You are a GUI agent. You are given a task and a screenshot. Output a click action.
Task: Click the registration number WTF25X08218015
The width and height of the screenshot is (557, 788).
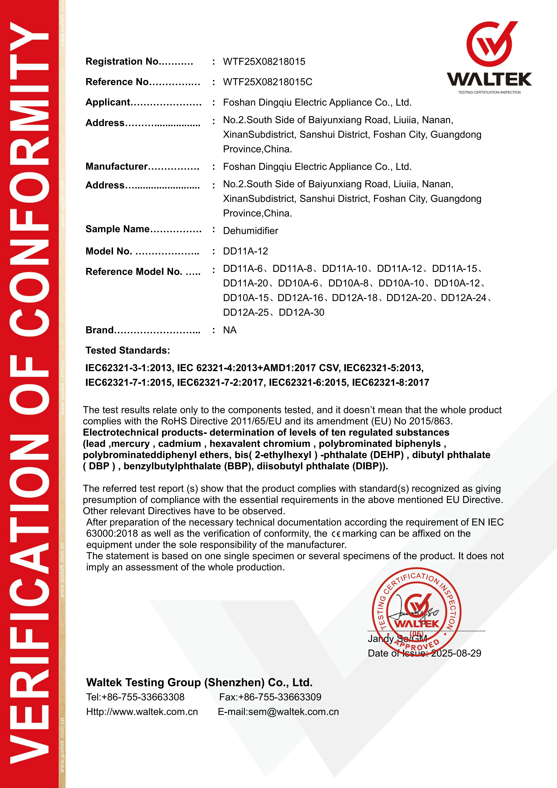(264, 62)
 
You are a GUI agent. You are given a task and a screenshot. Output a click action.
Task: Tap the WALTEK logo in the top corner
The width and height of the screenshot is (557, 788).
(489, 57)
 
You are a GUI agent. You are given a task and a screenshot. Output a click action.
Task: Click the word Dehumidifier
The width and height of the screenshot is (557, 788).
(251, 231)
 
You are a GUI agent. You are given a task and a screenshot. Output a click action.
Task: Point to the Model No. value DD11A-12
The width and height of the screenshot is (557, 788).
(245, 251)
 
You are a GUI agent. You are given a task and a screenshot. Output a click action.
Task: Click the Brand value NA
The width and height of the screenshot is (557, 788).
(230, 330)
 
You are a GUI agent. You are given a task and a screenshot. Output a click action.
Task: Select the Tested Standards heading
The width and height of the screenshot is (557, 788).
(128, 350)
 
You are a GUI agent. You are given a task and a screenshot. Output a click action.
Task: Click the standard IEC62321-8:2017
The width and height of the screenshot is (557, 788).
(391, 383)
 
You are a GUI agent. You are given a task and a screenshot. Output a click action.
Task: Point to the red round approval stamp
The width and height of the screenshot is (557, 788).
(417, 613)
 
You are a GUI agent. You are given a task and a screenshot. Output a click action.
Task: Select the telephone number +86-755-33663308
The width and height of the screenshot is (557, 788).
(143, 697)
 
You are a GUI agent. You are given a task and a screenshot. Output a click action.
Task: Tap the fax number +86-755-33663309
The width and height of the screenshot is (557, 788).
(280, 697)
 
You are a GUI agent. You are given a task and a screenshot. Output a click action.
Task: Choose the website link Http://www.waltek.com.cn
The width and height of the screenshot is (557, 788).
(142, 712)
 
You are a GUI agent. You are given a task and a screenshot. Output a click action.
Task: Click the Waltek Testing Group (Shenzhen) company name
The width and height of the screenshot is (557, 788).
(199, 682)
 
